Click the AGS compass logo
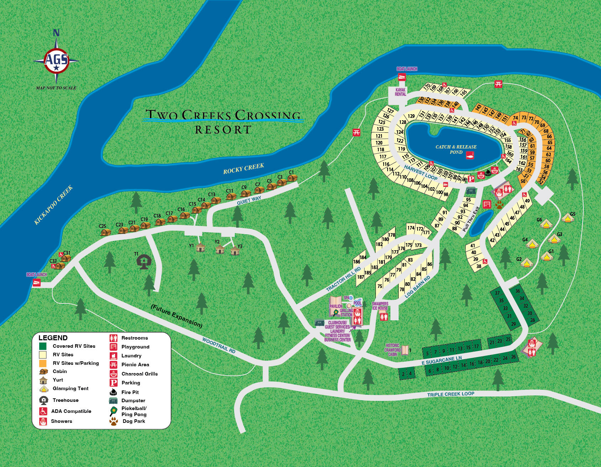tap(56, 59)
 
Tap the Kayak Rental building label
tap(400, 92)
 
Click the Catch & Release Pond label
tap(456, 149)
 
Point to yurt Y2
tap(220, 249)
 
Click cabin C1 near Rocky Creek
tap(292, 177)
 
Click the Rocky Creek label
tap(244, 168)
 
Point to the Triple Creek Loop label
tap(451, 394)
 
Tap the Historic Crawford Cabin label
tap(393, 350)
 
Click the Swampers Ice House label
tap(380, 306)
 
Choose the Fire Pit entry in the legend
tap(130, 392)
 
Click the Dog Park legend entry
tap(134, 421)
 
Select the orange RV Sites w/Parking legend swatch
tap(43, 363)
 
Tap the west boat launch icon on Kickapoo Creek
tap(36, 283)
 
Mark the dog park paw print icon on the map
tap(498, 205)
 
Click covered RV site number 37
tap(497, 293)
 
